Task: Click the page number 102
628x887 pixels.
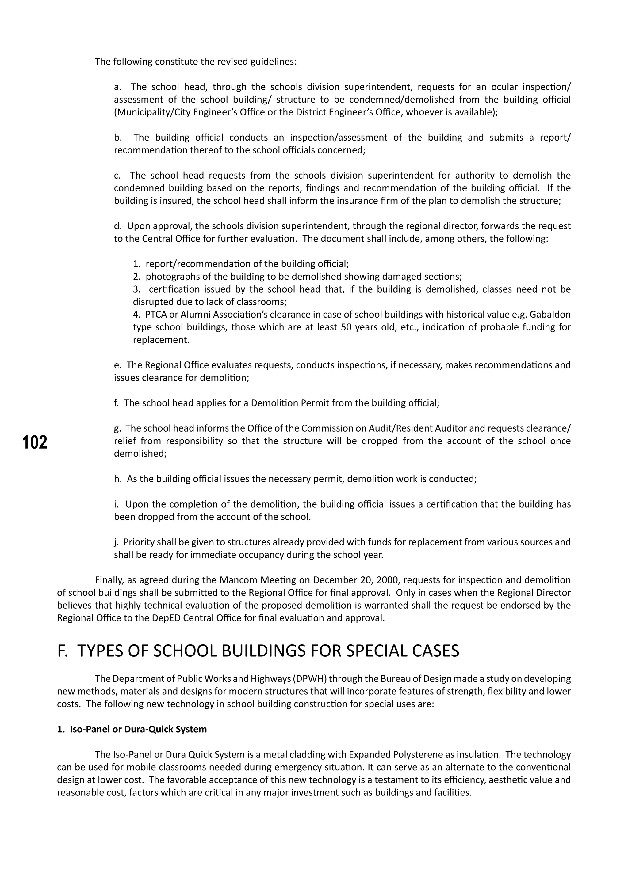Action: [x=35, y=442]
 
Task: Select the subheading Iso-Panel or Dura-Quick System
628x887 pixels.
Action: [x=138, y=729]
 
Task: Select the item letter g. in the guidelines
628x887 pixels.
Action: [x=117, y=428]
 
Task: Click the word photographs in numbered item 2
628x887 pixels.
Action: [x=169, y=277]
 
